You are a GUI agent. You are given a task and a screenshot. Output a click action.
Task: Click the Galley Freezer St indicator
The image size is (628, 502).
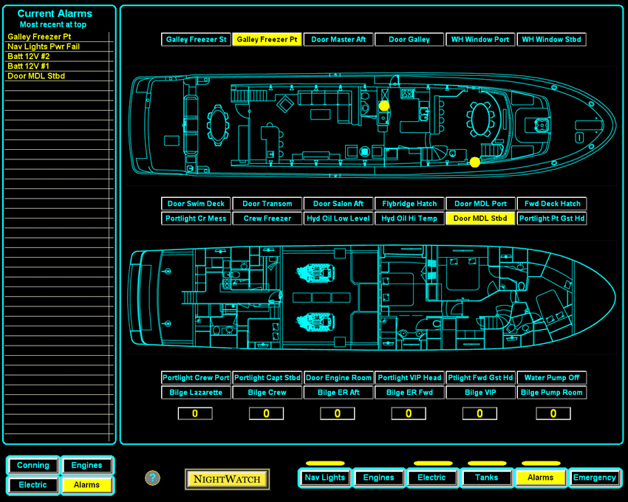197,40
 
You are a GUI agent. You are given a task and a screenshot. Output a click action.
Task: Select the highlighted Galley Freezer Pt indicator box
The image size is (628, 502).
267,40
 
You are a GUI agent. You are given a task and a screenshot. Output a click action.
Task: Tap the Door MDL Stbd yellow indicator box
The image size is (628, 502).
480,219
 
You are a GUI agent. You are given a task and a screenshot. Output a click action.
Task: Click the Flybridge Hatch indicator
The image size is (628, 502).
409,204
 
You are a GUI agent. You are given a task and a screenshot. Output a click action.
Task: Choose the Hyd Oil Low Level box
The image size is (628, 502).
338,219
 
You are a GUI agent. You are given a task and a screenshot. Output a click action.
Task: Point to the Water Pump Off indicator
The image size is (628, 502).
551,378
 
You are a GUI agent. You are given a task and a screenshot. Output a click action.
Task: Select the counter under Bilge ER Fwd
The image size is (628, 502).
409,413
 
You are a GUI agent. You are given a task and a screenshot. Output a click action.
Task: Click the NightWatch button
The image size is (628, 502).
227,479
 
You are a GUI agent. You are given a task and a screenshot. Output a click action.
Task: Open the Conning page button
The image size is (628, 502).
33,465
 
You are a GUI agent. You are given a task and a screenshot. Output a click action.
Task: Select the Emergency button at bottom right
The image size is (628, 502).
595,478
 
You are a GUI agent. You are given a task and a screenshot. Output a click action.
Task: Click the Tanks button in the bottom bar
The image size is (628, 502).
486,478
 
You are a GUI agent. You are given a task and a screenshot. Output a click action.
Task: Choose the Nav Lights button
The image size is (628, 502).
325,478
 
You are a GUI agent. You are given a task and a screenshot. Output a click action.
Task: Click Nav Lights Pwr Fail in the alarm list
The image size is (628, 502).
44,47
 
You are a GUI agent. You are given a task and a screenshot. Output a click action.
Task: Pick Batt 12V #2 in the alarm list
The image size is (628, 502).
29,56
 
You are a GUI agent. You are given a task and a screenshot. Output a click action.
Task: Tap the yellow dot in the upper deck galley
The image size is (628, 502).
384,106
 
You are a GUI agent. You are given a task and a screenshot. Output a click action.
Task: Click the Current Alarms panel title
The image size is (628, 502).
55,13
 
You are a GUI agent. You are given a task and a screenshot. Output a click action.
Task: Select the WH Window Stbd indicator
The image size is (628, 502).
551,40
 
